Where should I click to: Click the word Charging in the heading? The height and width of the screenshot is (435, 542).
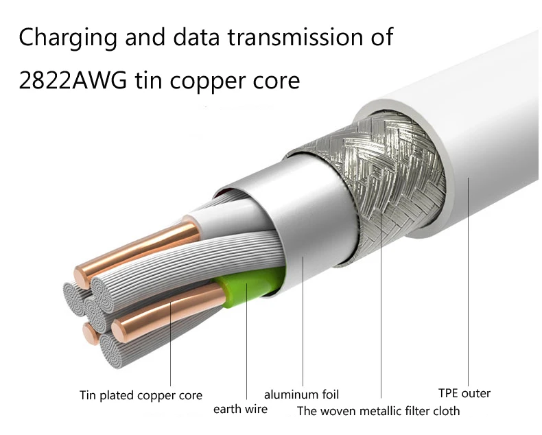[x=66, y=37]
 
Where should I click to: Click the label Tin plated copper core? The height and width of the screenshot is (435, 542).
[x=141, y=395]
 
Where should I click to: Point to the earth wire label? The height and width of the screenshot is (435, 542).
[x=240, y=410]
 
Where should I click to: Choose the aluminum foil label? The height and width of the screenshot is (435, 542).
[x=301, y=395]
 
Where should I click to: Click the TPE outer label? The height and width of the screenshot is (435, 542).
[x=464, y=393]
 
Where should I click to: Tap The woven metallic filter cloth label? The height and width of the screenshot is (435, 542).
[x=378, y=411]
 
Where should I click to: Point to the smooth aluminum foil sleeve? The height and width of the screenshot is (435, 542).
[x=305, y=220]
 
